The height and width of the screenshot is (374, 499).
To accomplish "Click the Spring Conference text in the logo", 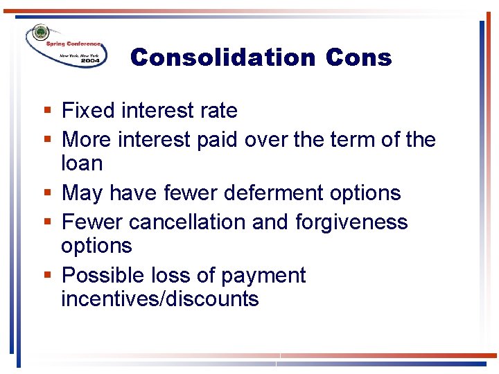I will (x=73, y=43).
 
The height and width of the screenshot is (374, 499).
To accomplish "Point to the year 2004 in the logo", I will (x=90, y=61).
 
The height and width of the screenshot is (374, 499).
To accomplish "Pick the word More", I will (x=87, y=139).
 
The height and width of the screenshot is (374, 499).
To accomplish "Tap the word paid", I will (x=218, y=139).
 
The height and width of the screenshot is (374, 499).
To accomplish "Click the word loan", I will (x=82, y=163).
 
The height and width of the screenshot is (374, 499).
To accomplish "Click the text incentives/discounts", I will (x=159, y=299).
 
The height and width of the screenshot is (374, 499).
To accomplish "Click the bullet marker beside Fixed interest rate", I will (x=46, y=111).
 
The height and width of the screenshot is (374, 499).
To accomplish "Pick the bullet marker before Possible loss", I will (x=46, y=276).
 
